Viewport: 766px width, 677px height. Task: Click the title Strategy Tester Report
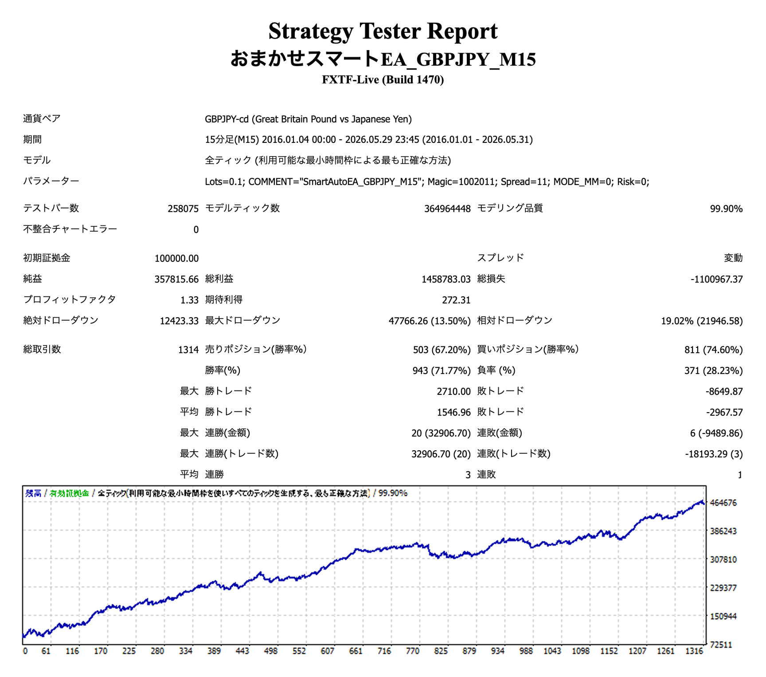[383, 31]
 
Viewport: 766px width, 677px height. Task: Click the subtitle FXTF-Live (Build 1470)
[383, 80]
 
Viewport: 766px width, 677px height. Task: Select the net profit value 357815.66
[176, 279]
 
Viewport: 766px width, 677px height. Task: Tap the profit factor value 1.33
[189, 300]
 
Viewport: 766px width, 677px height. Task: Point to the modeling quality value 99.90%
[726, 209]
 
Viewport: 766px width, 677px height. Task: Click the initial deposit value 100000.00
[176, 258]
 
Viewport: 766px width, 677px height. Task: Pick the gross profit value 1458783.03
[446, 279]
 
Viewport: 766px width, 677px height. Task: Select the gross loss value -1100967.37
[716, 279]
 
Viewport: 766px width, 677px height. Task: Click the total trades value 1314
[188, 350]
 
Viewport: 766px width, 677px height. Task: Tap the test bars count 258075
[183, 209]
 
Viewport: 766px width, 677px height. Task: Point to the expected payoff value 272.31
[456, 300]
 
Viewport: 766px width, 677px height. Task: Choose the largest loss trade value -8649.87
[724, 391]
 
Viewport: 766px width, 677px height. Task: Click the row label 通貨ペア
[42, 118]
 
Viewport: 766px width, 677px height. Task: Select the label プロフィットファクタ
[70, 299]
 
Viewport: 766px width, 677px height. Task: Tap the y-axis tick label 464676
[723, 503]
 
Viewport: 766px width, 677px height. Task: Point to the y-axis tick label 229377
[723, 588]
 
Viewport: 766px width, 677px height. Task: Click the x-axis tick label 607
[328, 651]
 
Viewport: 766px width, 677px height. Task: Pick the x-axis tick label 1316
[694, 651]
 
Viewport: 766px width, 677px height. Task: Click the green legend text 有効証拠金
[69, 493]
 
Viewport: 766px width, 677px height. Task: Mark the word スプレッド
[500, 258]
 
